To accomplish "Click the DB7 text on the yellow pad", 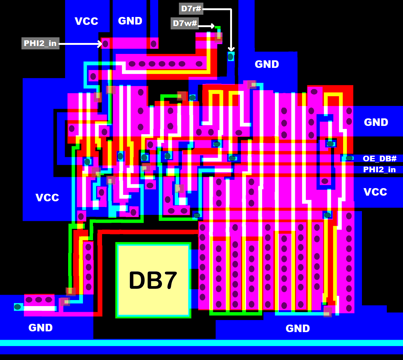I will click(153, 280).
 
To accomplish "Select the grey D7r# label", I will click(191, 8).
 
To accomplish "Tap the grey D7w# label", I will click(185, 23).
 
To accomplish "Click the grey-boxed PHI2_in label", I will click(40, 43).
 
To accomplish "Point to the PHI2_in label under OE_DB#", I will click(379, 170).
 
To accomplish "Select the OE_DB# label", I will click(379, 159).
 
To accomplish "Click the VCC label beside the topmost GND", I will click(86, 21).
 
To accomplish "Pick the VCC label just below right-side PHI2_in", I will click(375, 192).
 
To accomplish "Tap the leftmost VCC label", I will click(47, 198).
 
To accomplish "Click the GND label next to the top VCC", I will click(130, 21).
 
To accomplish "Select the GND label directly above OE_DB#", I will click(376, 122).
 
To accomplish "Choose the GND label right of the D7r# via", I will click(267, 64).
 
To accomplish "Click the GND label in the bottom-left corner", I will click(40, 328).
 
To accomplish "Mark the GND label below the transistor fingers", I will click(298, 328).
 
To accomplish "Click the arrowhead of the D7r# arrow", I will click(231, 49).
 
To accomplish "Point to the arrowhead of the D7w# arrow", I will click(213, 26).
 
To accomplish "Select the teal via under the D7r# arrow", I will click(231, 57).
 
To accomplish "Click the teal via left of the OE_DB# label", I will click(349, 158).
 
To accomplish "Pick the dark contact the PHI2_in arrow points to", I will click(106, 44).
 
